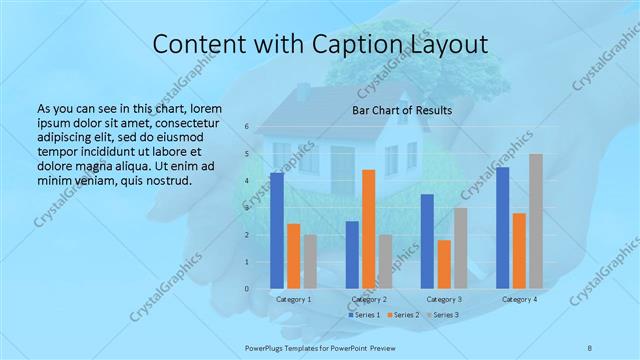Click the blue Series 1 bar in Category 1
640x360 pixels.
[x=277, y=231]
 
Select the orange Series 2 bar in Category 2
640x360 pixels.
[x=368, y=229]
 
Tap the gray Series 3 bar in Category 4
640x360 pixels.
[x=536, y=221]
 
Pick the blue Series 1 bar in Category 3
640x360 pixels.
[x=427, y=241]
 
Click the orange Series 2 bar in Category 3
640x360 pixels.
[x=444, y=264]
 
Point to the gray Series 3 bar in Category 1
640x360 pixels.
[x=310, y=262]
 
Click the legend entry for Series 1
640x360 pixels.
[x=364, y=315]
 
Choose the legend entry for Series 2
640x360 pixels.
[x=404, y=315]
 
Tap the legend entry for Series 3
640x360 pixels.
[x=444, y=315]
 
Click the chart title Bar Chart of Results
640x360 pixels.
[x=402, y=110]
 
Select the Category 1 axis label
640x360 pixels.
[x=293, y=299]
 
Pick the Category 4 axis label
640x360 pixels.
[x=519, y=299]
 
